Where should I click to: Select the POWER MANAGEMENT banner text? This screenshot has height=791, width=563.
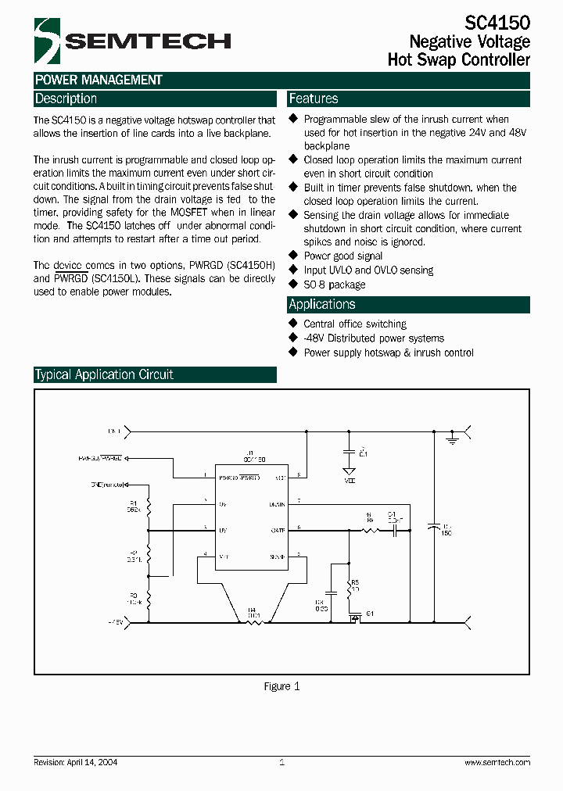click(99, 80)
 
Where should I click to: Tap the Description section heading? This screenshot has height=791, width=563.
click(66, 98)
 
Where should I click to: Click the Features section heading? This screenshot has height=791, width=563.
click(314, 98)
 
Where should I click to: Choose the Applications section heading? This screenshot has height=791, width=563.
click(322, 304)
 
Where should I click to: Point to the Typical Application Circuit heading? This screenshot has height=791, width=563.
click(104, 374)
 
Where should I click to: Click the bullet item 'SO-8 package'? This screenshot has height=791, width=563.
click(334, 285)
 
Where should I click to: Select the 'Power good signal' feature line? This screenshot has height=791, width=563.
click(342, 256)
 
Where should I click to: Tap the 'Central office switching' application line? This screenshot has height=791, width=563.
click(355, 324)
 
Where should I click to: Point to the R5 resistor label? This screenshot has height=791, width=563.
click(354, 583)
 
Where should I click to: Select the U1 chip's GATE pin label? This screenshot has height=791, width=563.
click(278, 530)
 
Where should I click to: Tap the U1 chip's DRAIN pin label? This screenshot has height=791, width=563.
click(277, 504)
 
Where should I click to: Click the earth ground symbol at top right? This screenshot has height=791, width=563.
click(451, 441)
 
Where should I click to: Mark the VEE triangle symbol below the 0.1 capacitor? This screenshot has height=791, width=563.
click(350, 471)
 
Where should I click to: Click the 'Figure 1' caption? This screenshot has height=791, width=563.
click(281, 686)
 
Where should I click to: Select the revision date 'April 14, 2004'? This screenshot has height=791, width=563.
click(91, 762)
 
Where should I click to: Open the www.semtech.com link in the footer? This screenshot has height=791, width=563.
click(497, 762)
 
